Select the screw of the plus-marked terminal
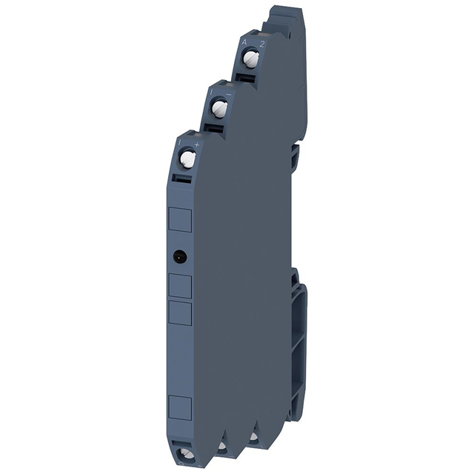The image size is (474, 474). click(x=187, y=158)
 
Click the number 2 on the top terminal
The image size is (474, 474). click(x=261, y=44)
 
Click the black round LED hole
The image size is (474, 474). click(x=179, y=256)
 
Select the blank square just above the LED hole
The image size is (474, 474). click(x=179, y=219)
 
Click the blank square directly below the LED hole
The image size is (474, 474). click(x=179, y=285)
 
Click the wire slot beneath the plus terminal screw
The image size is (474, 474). click(x=183, y=178)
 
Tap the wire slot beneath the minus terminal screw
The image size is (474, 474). click(x=215, y=129)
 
